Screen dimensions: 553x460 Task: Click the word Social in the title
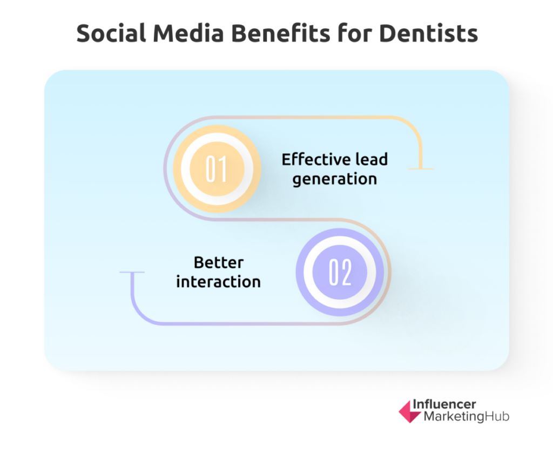tap(111, 33)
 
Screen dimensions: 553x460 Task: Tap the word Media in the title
tap(188, 33)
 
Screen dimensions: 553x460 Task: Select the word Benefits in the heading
tap(280, 33)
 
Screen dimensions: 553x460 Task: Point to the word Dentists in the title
tap(428, 33)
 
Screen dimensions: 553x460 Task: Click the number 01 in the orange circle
tap(216, 169)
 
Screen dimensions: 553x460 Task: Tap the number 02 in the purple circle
tap(340, 272)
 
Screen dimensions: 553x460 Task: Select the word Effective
tap(315, 159)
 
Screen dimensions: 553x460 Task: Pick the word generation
tap(335, 179)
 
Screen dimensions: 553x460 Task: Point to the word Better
tap(219, 262)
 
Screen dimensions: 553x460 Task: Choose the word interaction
tap(218, 282)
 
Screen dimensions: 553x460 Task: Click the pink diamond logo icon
tap(409, 411)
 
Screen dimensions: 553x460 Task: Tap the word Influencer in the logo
tap(444, 404)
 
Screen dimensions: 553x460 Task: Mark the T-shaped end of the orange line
tap(421, 169)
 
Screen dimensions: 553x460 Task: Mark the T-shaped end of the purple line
tap(132, 272)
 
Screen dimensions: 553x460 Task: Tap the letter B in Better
tap(199, 262)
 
